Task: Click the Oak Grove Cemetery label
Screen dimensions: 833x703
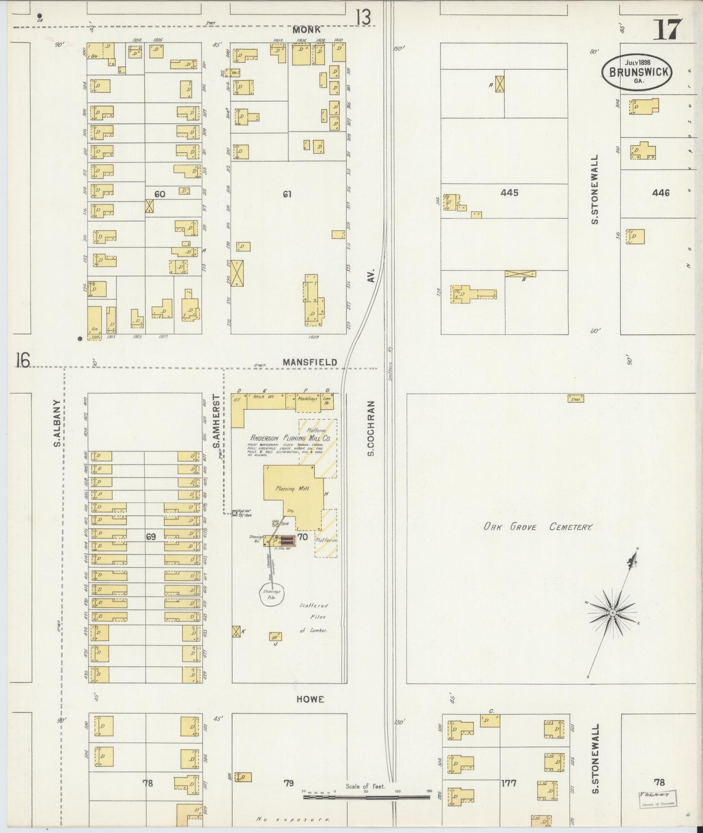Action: [x=537, y=527]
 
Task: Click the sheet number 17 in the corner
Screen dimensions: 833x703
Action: [x=667, y=30]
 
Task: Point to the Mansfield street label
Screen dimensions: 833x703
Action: [x=310, y=362]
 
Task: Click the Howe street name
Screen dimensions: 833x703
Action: [x=310, y=699]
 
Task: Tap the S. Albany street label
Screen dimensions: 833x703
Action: [x=56, y=423]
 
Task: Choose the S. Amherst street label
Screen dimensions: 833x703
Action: [x=216, y=424]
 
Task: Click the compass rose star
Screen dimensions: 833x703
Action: [x=612, y=613]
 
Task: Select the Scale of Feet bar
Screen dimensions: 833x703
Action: [x=366, y=797]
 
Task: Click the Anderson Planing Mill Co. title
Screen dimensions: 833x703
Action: [x=290, y=438]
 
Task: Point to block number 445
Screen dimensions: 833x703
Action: [x=509, y=193]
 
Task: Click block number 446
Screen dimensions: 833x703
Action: [x=661, y=193]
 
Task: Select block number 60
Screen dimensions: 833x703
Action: [x=160, y=194]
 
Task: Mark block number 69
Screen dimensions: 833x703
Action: [x=151, y=537]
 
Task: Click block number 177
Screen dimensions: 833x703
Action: [x=508, y=783]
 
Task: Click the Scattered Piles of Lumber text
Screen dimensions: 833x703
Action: [x=314, y=618]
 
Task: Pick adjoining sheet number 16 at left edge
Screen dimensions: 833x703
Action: [x=22, y=361]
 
